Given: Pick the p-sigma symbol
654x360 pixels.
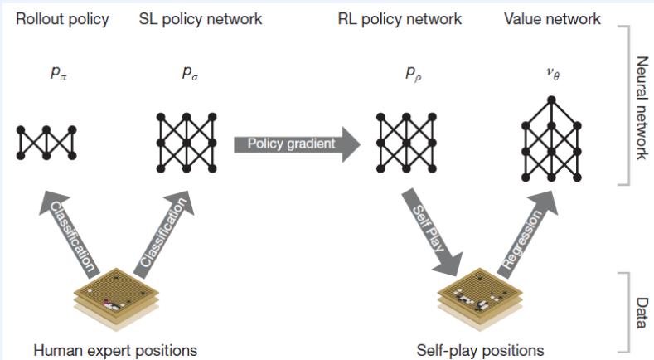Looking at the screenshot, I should point(190,73).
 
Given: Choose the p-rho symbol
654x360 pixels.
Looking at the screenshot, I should point(412,73).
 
